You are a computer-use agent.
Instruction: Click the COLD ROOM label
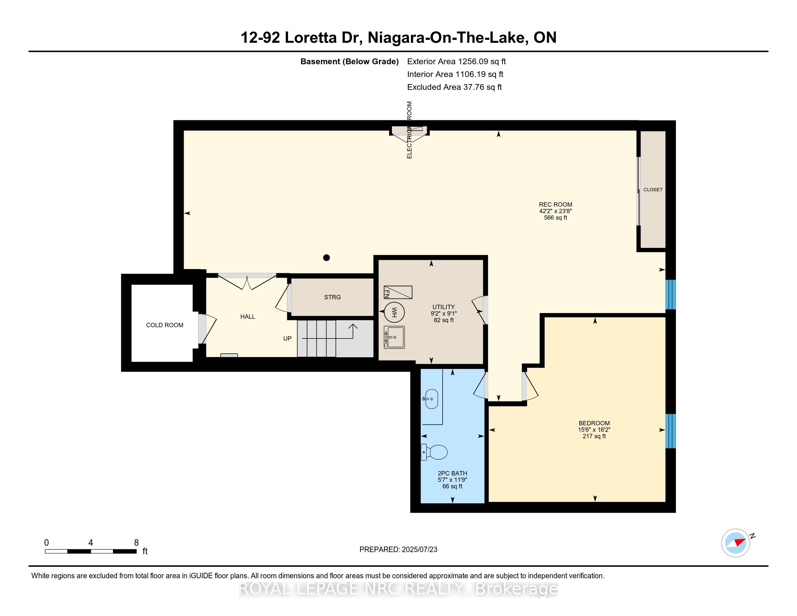[164, 325]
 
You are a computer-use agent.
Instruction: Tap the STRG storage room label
[333, 297]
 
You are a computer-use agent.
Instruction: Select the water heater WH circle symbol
[394, 312]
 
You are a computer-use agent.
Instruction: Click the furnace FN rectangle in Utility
[398, 292]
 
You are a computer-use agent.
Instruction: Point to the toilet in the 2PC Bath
[434, 452]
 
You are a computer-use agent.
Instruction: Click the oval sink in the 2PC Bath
[431, 399]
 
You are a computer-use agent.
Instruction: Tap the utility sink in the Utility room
[394, 337]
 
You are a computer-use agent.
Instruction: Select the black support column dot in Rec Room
[327, 258]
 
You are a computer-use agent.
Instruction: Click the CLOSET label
[653, 190]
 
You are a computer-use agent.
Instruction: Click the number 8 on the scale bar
[137, 543]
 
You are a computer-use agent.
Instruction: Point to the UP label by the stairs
[288, 339]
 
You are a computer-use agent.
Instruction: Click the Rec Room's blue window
[671, 295]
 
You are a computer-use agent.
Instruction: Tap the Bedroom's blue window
[671, 430]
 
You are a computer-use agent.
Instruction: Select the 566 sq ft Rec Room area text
[556, 218]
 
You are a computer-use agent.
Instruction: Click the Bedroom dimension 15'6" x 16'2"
[594, 430]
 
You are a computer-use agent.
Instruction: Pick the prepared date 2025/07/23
[419, 550]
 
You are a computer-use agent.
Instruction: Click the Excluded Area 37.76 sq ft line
[455, 87]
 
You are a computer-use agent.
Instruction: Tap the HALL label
[248, 317]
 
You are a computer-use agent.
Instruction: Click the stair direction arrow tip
[353, 324]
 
